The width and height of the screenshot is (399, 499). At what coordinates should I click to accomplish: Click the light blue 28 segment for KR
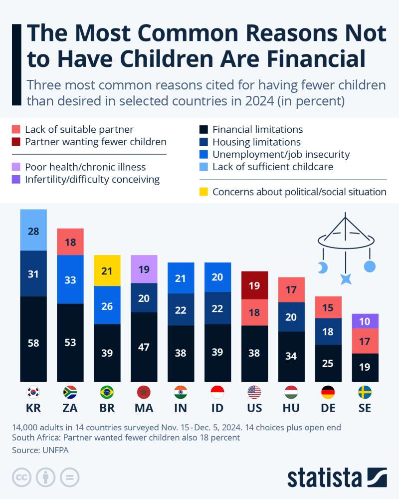point(33,231)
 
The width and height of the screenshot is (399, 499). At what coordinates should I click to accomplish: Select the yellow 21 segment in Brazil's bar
point(107,270)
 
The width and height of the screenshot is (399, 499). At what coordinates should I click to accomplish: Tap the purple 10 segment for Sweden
point(365,321)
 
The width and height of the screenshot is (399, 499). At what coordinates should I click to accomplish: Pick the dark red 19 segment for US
point(254,285)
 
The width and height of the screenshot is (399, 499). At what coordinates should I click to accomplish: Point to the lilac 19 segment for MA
point(144,269)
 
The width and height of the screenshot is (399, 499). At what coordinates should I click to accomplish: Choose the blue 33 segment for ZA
point(70,279)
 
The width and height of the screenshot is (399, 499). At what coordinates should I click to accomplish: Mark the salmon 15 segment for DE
point(328,307)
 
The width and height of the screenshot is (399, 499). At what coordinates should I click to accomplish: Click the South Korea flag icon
point(33,392)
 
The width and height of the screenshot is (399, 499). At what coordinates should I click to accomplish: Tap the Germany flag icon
point(328,392)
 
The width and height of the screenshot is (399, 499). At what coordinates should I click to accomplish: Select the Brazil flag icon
point(107,392)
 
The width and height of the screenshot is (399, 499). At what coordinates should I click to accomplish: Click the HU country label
point(291,408)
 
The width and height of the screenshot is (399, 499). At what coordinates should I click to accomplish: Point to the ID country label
point(217,408)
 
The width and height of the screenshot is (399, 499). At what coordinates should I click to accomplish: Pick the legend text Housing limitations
point(256,142)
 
